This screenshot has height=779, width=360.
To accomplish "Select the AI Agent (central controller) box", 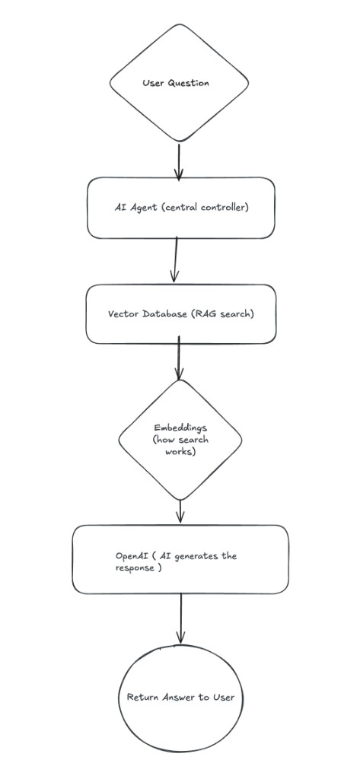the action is [x=181, y=208].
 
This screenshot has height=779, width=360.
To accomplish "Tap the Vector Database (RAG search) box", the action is [x=181, y=314].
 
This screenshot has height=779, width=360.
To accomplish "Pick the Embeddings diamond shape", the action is [x=180, y=440].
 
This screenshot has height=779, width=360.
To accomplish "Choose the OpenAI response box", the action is [x=180, y=559].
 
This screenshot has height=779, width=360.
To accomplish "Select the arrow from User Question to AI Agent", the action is [x=179, y=161].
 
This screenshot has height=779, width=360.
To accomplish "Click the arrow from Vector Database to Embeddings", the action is [x=180, y=358].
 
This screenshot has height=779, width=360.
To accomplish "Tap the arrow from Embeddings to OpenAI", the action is [x=180, y=511].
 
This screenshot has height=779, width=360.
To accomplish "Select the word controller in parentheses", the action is [x=222, y=208].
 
